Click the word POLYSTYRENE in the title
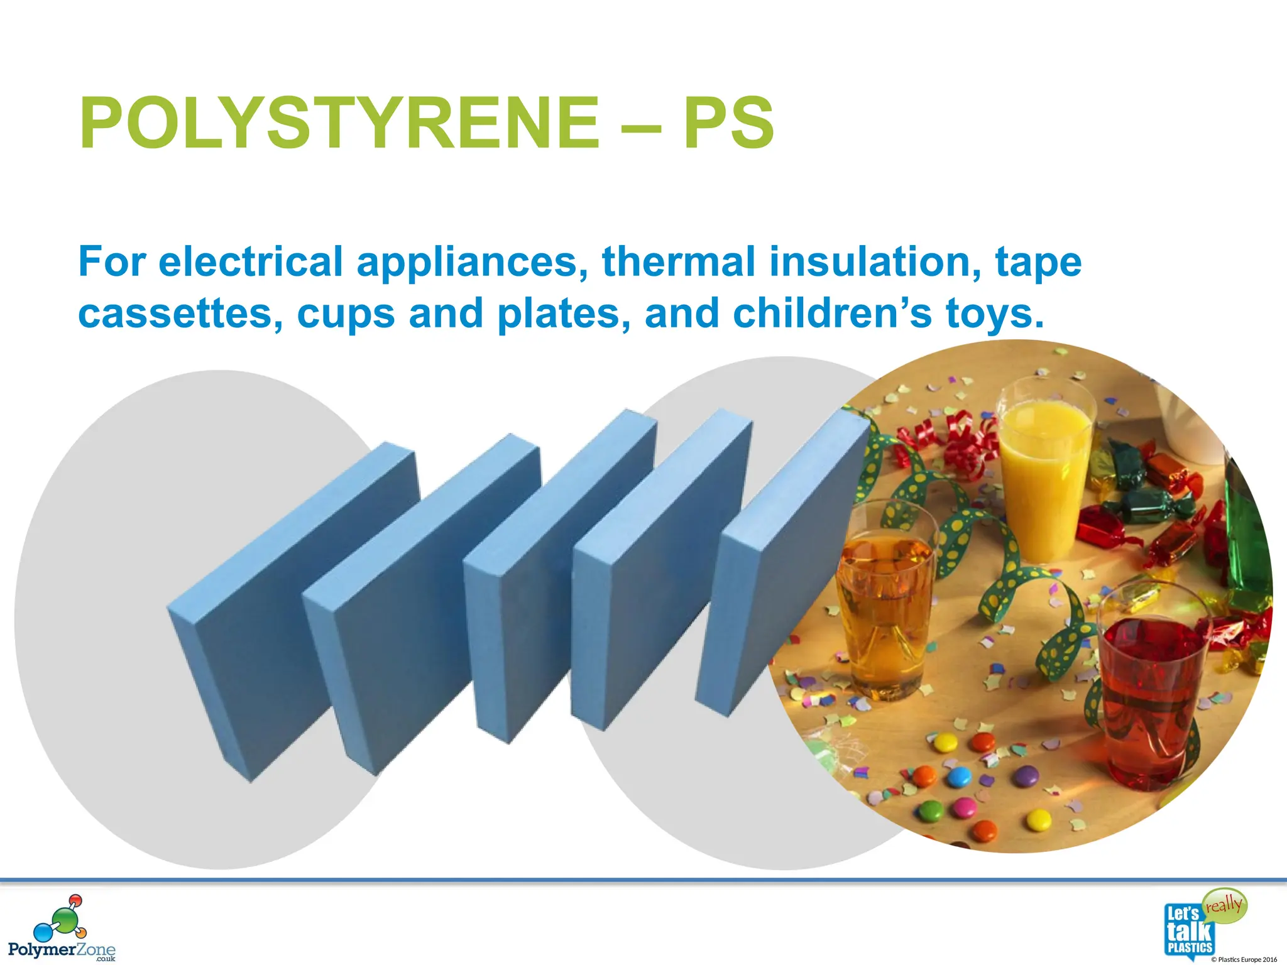tap(339, 123)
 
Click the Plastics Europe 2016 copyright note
tap(1244, 959)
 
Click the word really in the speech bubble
tap(1224, 905)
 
